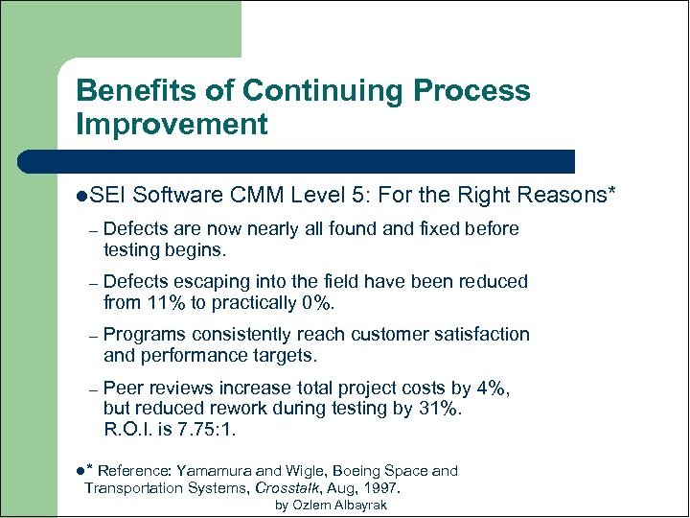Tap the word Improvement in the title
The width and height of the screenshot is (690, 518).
pyautogui.click(x=172, y=124)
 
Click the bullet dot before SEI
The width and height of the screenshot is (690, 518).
pyautogui.click(x=81, y=197)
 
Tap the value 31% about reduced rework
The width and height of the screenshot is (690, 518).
pyautogui.click(x=442, y=409)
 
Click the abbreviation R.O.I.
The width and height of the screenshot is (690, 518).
pyautogui.click(x=129, y=430)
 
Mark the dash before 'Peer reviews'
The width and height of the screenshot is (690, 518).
pyautogui.click(x=92, y=388)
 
